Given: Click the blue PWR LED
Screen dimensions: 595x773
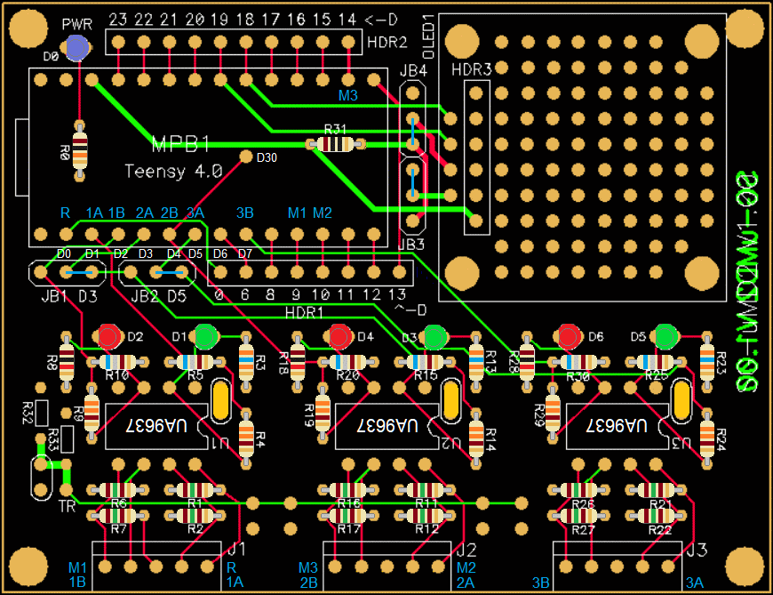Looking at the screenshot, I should pyautogui.click(x=77, y=48).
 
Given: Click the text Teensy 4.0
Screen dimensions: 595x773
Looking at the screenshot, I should pyautogui.click(x=173, y=172).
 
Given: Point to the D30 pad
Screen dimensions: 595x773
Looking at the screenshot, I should pyautogui.click(x=246, y=157).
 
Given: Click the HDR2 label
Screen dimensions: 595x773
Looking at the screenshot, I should pyautogui.click(x=386, y=42).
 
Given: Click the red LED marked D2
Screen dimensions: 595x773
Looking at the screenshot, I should pyautogui.click(x=109, y=337).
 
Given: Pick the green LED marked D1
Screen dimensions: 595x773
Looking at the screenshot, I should pyautogui.click(x=206, y=337).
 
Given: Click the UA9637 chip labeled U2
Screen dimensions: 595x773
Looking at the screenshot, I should pyautogui.click(x=386, y=426).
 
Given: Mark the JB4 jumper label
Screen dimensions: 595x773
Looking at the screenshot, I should pyautogui.click(x=414, y=71).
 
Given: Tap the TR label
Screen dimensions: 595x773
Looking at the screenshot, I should pyautogui.click(x=66, y=507).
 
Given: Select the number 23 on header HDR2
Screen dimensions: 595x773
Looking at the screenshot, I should pyautogui.click(x=119, y=19).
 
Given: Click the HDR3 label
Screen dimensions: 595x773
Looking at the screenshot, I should pyautogui.click(x=471, y=68).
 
